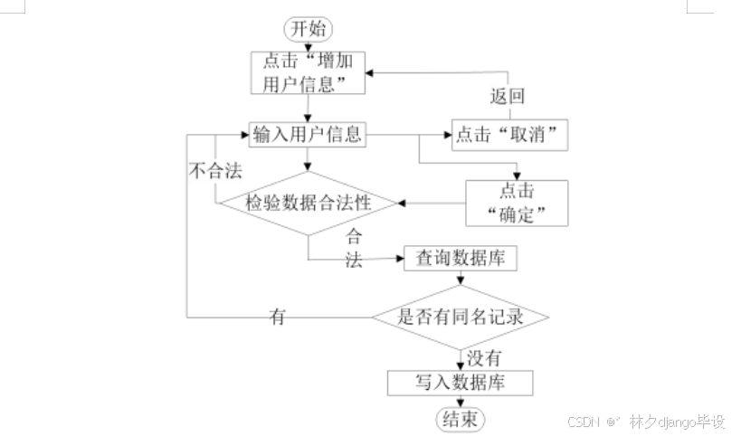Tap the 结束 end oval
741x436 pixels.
tap(461, 419)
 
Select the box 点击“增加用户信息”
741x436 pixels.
tap(309, 71)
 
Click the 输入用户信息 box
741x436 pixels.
tap(309, 136)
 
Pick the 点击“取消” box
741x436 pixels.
tap(510, 136)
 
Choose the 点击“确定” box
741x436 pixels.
tap(517, 203)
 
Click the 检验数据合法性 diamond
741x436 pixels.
tap(309, 203)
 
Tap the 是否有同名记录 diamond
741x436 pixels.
tap(461, 317)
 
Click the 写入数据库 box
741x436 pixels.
tap(461, 383)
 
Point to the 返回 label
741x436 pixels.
tap(508, 96)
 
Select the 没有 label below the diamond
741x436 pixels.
tap(484, 357)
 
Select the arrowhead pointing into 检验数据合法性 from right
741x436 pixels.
tap(402, 203)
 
